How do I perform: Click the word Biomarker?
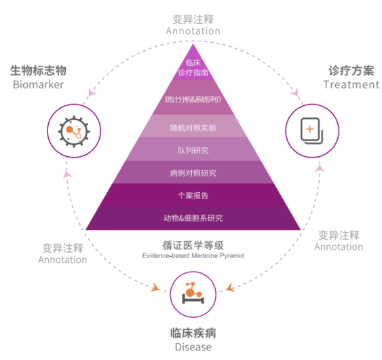[x=38, y=85]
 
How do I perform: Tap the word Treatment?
[x=351, y=85]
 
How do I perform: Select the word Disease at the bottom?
[x=193, y=347]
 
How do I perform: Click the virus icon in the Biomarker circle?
[x=74, y=132]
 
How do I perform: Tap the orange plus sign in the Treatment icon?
[x=309, y=129]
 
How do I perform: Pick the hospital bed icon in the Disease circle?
[x=193, y=293]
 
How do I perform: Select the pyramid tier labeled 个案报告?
[x=193, y=195]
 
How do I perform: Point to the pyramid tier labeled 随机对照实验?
[x=193, y=126]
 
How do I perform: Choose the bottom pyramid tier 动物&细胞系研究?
[x=193, y=218]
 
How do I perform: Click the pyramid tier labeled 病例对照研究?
[x=193, y=173]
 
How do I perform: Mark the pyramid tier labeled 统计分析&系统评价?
[x=193, y=98]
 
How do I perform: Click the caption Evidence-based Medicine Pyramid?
[x=193, y=255]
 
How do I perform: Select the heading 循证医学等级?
[x=193, y=245]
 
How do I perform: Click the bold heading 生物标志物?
[x=38, y=71]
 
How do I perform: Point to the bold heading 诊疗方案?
[x=351, y=71]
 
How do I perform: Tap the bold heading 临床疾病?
[x=193, y=334]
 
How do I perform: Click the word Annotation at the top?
[x=193, y=31]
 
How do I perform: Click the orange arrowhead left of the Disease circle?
[x=155, y=287]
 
